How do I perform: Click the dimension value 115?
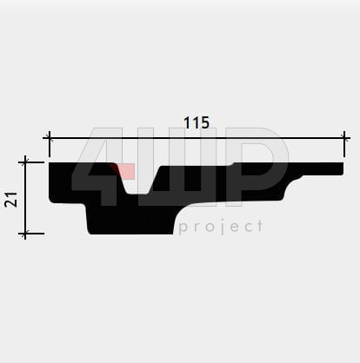(x=197, y=122)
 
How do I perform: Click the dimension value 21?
(x=11, y=199)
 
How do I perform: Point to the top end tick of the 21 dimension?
(x=25, y=162)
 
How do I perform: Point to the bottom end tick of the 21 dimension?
(x=25, y=233)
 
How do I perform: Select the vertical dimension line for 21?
(x=25, y=198)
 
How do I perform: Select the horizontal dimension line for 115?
(x=197, y=138)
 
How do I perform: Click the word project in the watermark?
(x=221, y=227)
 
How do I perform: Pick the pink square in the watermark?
(x=124, y=171)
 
